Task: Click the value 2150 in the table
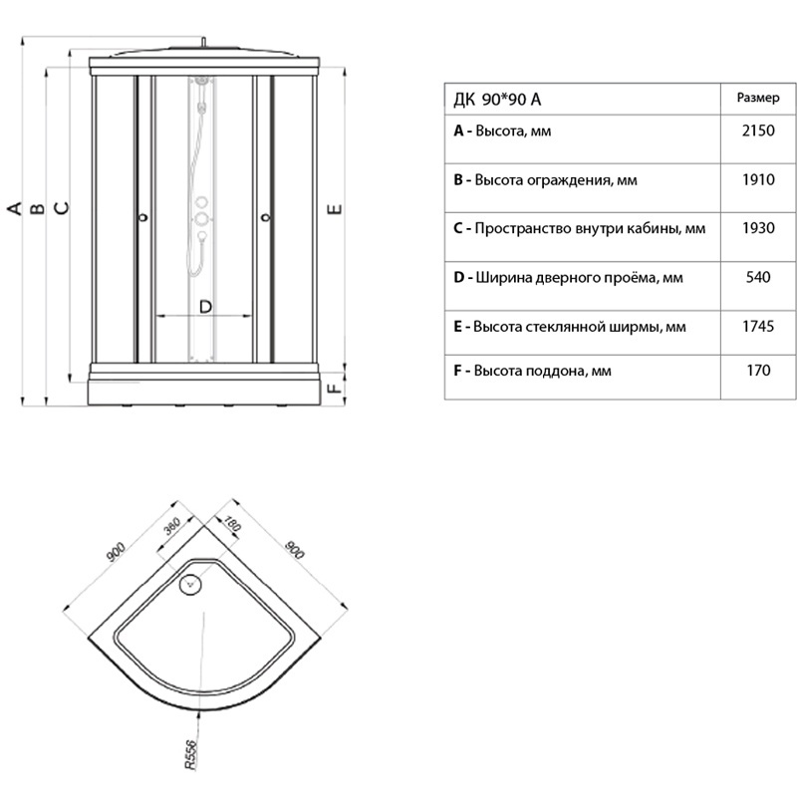(x=758, y=131)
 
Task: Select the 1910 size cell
(x=758, y=179)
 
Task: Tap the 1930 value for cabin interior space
(x=758, y=228)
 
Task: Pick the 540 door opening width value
(x=758, y=277)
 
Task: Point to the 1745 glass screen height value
(x=758, y=326)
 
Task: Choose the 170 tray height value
(x=758, y=370)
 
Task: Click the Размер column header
(x=758, y=98)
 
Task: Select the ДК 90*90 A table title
(x=497, y=100)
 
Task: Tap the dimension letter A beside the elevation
(x=15, y=208)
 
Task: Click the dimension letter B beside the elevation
(x=38, y=208)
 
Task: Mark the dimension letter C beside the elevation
(x=62, y=208)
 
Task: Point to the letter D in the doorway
(x=205, y=307)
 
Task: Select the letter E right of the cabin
(x=335, y=209)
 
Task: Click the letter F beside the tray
(x=335, y=388)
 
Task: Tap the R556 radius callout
(x=190, y=755)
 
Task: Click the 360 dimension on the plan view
(x=172, y=526)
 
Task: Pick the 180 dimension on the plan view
(x=231, y=524)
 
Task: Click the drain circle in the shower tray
(x=191, y=585)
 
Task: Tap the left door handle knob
(x=143, y=217)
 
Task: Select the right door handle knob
(x=265, y=217)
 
